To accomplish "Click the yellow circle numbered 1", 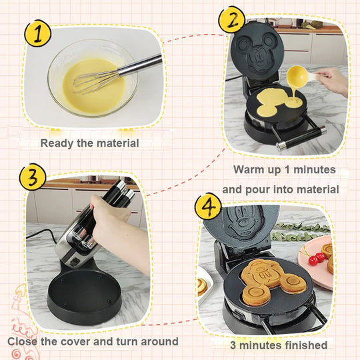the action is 38,33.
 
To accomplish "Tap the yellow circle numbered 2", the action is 232,20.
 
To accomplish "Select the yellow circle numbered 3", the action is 33,177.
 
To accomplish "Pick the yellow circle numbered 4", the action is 208,206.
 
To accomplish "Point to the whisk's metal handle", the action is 140,65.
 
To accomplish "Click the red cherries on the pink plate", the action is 317,258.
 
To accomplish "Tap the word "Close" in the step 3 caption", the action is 22,341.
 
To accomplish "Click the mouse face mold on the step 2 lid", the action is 257,52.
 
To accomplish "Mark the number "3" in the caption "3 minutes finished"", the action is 233,345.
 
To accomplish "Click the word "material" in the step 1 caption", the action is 117,143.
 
